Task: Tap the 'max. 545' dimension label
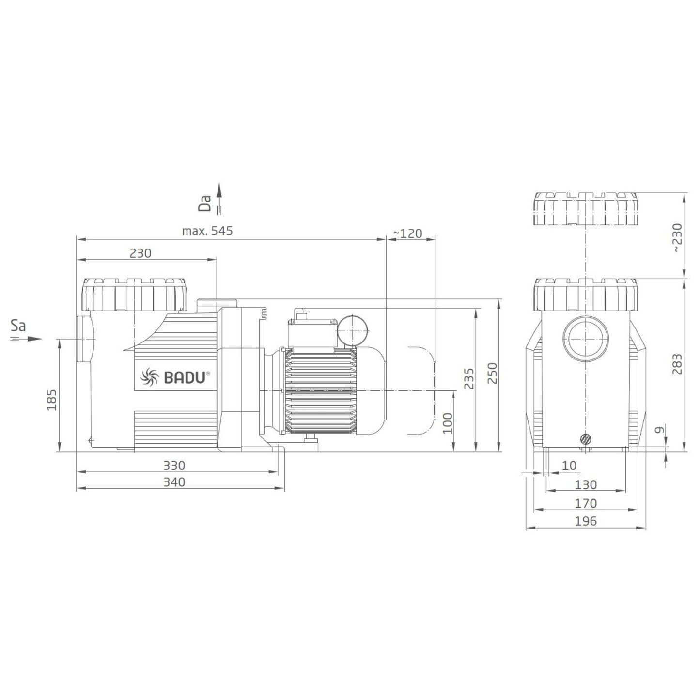207,231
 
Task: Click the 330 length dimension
174,466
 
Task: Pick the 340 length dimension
174,482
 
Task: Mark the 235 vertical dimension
468,379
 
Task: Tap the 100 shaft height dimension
447,423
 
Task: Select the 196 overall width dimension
586,521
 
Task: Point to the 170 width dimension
586,503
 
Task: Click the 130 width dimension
586,485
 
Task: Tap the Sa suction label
18,326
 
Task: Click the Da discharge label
206,203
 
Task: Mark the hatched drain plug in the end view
586,439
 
